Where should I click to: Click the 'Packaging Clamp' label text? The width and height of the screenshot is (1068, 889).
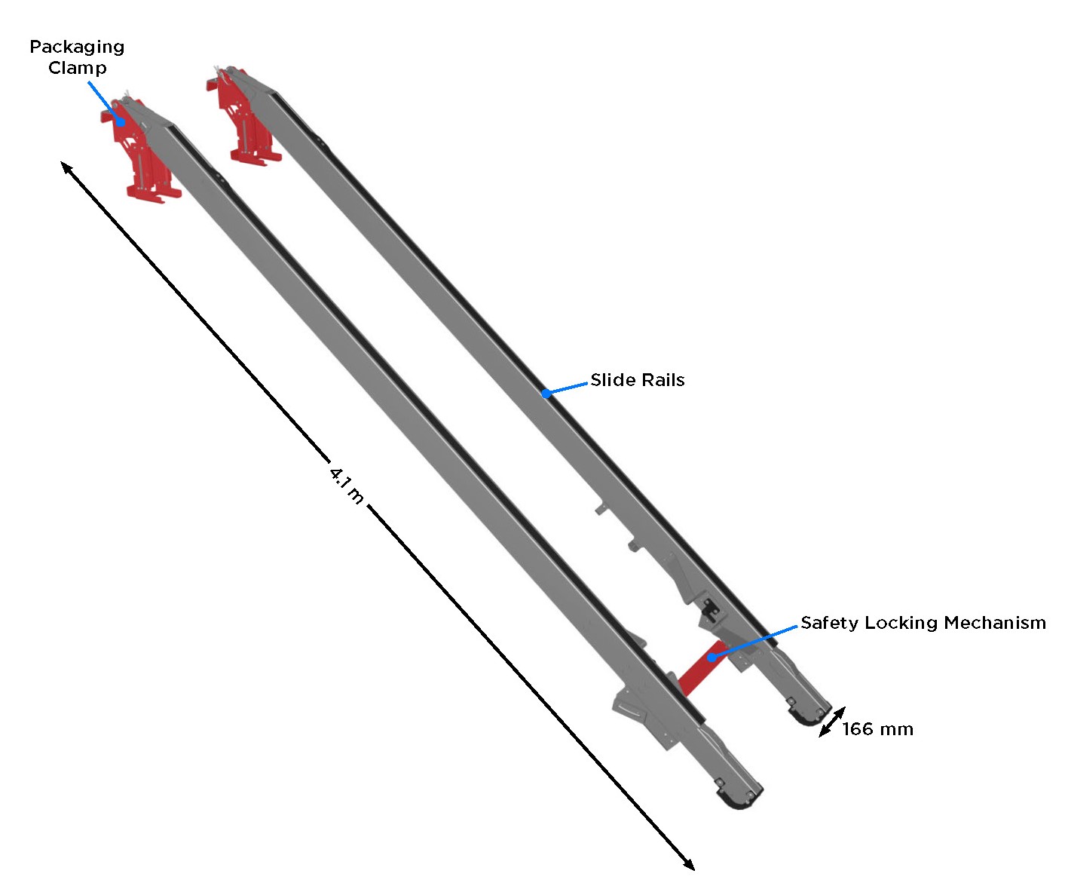click(77, 57)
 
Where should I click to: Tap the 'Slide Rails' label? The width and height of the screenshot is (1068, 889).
click(637, 380)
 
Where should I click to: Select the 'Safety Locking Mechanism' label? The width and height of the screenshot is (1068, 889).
click(923, 623)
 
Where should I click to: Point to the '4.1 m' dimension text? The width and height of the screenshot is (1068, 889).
click(347, 485)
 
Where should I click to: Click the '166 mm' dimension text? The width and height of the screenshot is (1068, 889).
click(877, 729)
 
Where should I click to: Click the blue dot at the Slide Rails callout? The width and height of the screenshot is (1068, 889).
click(546, 393)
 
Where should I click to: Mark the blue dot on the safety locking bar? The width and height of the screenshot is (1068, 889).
click(711, 658)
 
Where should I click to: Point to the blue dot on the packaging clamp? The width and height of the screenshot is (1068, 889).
click(121, 121)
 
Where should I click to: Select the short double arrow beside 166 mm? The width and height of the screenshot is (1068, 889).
click(831, 722)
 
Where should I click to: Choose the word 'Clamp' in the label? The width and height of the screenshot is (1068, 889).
click(77, 68)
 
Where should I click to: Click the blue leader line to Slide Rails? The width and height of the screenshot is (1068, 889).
click(567, 388)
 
